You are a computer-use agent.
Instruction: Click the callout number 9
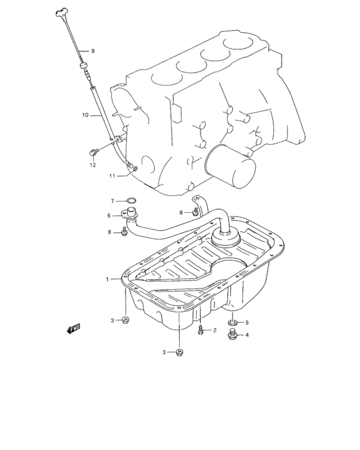(x=92, y=51)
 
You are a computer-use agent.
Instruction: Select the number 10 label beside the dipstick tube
(x=84, y=116)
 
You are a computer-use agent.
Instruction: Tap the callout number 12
(x=92, y=165)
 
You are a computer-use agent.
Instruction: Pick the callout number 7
(x=111, y=201)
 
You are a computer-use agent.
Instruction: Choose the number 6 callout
(x=109, y=216)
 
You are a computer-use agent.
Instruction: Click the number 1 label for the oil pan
(x=108, y=279)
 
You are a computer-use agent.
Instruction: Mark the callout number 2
(x=215, y=330)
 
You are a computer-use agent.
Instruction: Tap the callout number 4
(x=246, y=334)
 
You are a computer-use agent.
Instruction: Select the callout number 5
(x=246, y=322)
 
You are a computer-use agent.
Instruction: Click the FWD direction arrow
(x=73, y=328)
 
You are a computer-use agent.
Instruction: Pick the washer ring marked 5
(x=233, y=322)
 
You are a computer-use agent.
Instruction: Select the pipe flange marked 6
(x=132, y=215)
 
